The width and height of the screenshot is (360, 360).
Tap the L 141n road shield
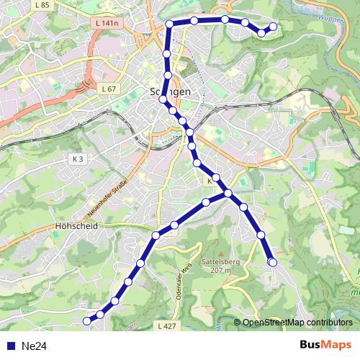(x=107, y=24)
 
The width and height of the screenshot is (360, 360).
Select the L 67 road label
(x=108, y=88)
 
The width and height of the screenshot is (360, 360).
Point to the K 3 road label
(x=78, y=159)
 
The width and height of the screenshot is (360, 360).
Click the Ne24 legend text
(x=34, y=346)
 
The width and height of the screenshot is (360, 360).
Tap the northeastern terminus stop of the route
(x=273, y=27)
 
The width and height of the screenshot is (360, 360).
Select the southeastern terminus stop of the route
(x=272, y=262)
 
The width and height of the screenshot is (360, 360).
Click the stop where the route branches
(x=228, y=193)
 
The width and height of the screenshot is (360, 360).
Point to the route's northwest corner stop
(x=170, y=24)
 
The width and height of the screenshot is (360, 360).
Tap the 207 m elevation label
(x=221, y=271)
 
